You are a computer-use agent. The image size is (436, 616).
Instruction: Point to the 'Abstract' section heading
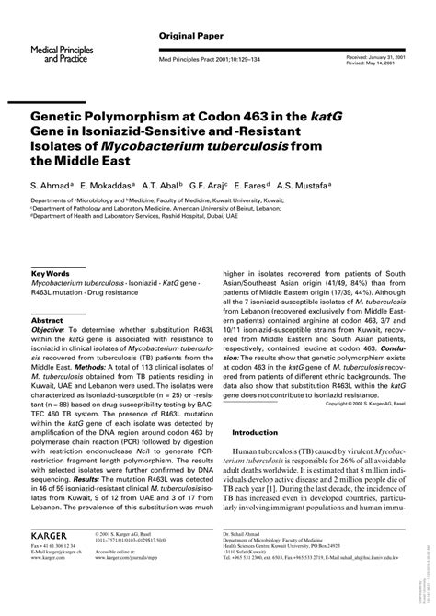click(x=50, y=322)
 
